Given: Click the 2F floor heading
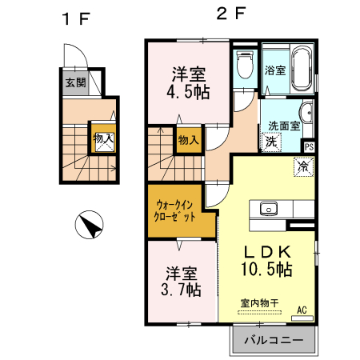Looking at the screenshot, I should [227, 13].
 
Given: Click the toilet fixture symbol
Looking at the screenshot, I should [245, 66].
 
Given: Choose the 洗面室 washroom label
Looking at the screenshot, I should [283, 125].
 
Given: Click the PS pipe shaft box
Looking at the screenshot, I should [309, 146].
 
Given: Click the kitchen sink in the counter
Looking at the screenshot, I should [269, 209].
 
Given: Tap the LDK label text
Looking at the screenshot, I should [263, 248].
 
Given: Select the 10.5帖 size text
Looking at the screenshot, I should [263, 269].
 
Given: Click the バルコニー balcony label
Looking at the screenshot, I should [274, 340].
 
